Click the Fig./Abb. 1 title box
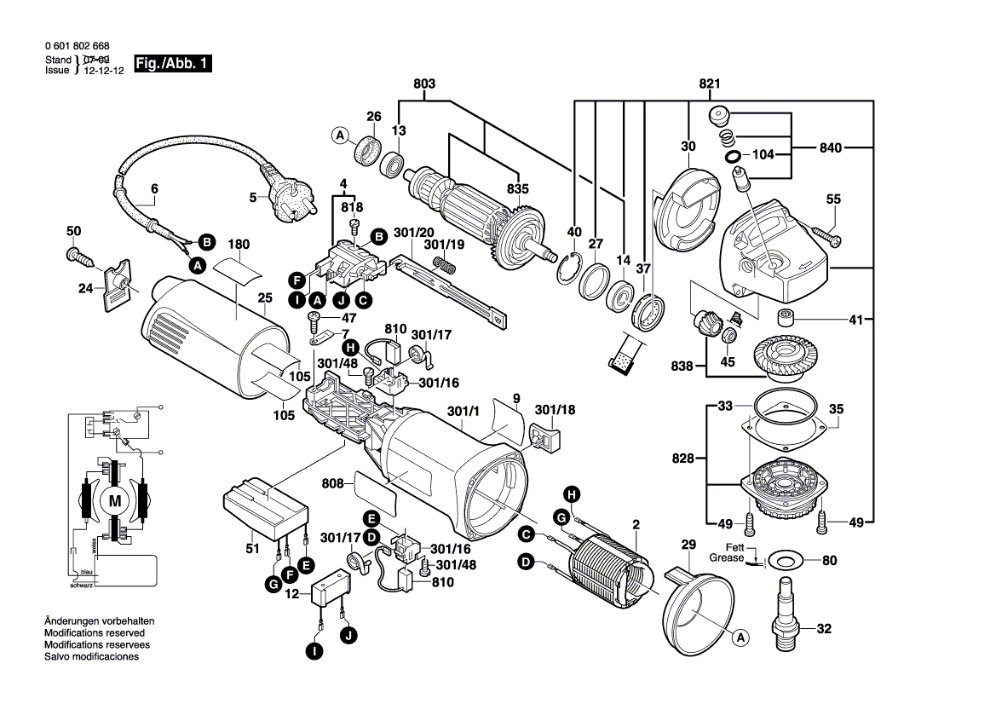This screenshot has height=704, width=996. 173,64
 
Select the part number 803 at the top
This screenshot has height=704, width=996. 424,84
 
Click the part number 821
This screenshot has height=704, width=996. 710,84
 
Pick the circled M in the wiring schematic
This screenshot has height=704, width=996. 114,501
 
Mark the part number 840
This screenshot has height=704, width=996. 831,148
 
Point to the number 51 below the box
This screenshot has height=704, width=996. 252,549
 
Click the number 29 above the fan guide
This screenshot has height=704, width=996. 688,545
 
